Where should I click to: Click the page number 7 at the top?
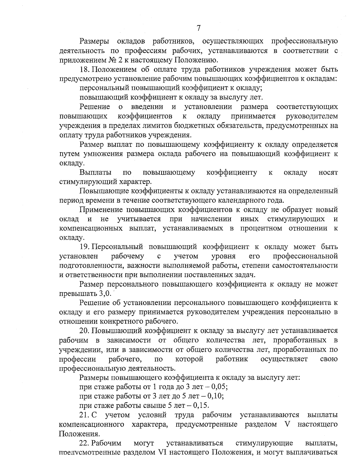tap(198, 28)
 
